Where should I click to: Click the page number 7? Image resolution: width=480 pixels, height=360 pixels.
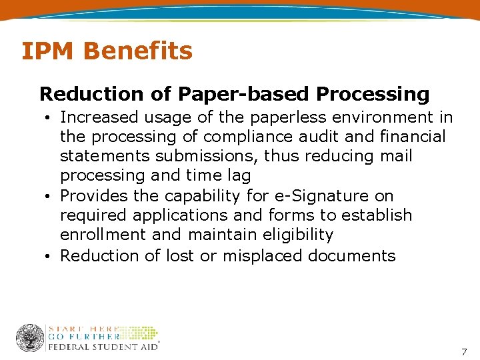(464, 351)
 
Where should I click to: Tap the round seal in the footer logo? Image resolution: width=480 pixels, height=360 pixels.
(30, 338)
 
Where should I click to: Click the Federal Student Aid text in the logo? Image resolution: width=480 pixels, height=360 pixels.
(103, 347)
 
